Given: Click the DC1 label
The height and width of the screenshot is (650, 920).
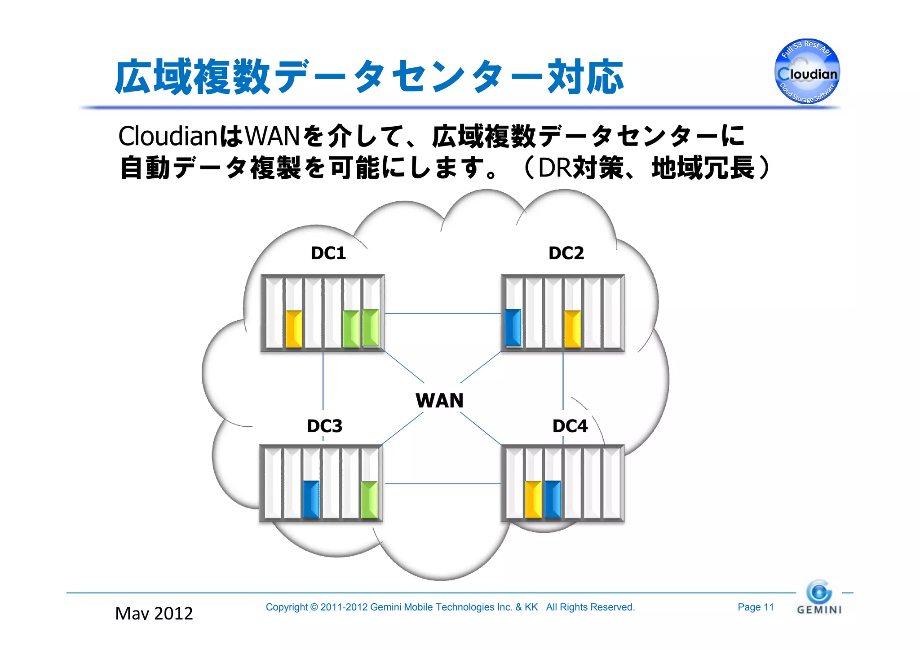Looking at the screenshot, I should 328,253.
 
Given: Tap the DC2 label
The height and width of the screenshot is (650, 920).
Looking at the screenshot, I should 566,253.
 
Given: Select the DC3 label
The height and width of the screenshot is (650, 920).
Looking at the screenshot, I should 324,426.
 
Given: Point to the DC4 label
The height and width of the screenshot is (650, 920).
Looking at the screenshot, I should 570,426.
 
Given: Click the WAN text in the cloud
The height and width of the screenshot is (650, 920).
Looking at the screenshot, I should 439,400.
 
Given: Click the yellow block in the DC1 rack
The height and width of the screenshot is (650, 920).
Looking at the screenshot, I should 294,329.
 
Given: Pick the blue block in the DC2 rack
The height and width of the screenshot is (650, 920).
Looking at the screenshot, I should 513,327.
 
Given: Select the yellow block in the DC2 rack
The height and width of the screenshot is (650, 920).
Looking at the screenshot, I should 572,329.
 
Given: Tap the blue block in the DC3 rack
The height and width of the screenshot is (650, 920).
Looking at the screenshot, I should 311,499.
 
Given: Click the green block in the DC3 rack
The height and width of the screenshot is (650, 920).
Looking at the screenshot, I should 369,500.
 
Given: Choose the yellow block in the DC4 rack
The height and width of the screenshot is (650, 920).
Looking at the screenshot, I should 533,499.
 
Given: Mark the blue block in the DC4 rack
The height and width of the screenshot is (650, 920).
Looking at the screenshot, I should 553,499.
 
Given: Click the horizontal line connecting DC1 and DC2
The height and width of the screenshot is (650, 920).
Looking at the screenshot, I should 442,314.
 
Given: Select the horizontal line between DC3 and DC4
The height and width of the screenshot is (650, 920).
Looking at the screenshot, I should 442,484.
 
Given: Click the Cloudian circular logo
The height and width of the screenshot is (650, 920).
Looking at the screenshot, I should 807,71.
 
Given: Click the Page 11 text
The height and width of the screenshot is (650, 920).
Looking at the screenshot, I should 756,607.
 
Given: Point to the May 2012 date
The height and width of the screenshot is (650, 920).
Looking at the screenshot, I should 154,614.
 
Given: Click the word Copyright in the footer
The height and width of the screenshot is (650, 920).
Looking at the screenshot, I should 287,607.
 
